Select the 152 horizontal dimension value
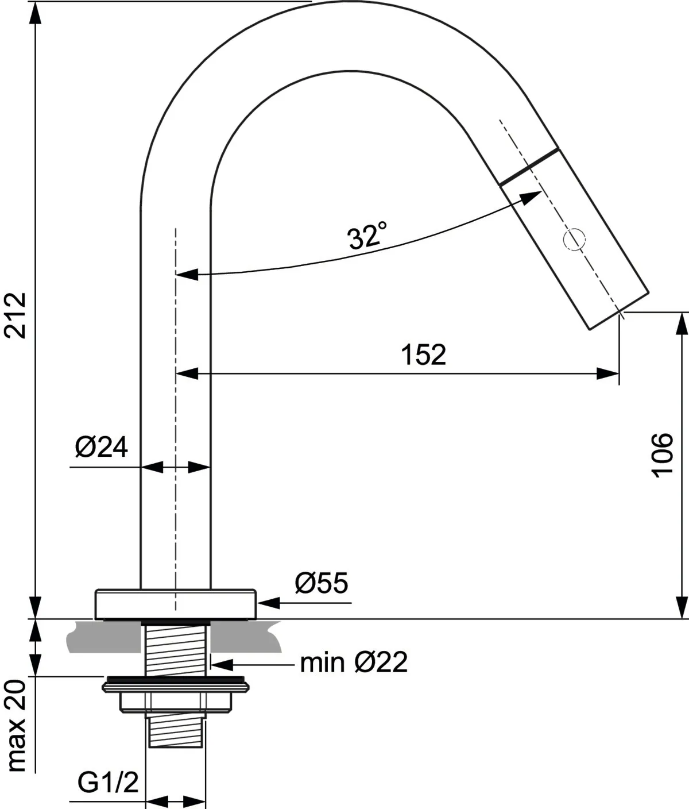(x=423, y=355)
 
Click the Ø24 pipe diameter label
(x=102, y=448)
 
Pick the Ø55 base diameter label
(x=322, y=584)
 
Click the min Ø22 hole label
(x=354, y=663)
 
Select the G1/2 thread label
(x=109, y=782)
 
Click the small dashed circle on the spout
(x=575, y=239)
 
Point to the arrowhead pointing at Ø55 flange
(x=269, y=603)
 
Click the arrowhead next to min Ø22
(x=223, y=665)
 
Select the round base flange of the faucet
(x=175, y=604)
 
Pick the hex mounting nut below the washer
(x=176, y=702)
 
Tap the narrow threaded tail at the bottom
(x=175, y=731)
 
